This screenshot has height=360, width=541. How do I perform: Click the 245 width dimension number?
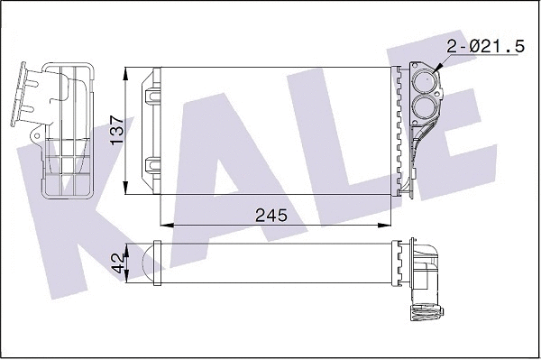[x=270, y=216]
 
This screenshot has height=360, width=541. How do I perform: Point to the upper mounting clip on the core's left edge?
[x=151, y=92]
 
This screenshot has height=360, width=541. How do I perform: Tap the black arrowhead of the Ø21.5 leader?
[x=436, y=68]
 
